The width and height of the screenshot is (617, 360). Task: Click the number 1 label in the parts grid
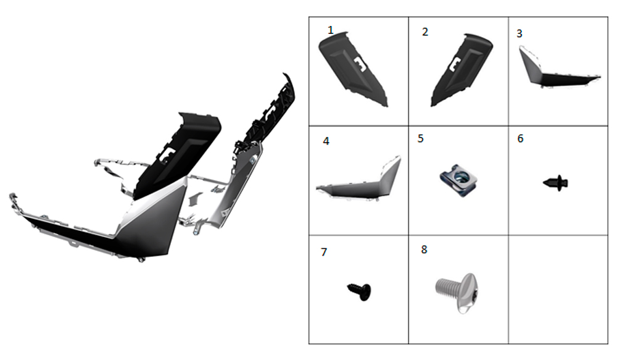coord(331,30)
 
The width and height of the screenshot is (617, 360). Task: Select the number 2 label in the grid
coord(425,32)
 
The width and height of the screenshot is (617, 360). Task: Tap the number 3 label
coord(520,34)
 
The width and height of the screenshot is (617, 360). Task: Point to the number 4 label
coord(326,141)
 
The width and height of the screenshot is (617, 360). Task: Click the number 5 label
coord(421,139)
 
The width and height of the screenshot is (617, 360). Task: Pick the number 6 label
coord(520,139)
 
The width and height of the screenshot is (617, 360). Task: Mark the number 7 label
coord(324,252)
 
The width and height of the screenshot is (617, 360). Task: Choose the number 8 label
coord(424,249)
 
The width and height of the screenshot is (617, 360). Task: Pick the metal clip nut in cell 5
coord(458,180)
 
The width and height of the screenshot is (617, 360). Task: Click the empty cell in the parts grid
coord(558,290)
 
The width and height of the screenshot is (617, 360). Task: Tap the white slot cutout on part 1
coord(360,64)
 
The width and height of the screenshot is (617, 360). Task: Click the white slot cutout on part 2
coord(455,64)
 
